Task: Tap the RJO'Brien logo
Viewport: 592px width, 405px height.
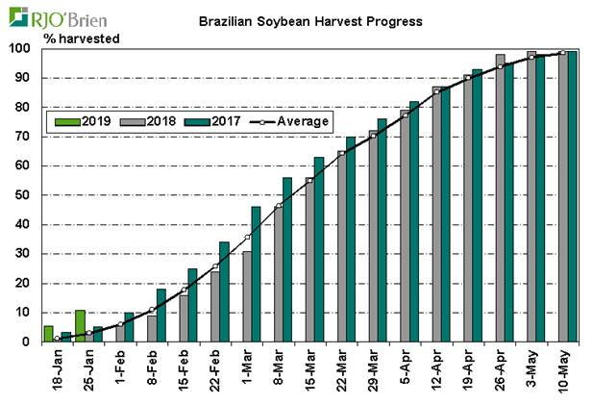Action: (47, 16)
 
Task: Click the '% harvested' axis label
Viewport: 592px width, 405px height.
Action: (80, 38)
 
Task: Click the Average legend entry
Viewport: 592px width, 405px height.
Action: (288, 121)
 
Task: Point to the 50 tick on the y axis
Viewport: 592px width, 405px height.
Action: (24, 195)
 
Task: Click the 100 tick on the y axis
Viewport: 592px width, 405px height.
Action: (20, 48)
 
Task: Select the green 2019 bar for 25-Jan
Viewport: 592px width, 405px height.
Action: (80, 325)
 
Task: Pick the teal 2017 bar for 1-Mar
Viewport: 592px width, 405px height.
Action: (256, 274)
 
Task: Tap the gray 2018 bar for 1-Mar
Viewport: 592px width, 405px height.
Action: (246, 296)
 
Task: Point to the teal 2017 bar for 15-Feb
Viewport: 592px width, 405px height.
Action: (192, 305)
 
